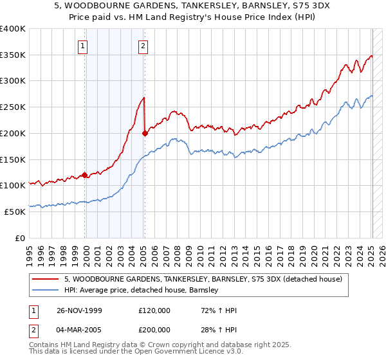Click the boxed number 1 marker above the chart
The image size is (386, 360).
84,46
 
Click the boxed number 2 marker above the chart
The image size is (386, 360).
142,46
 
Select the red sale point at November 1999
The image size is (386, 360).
85,174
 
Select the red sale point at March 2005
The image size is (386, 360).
145,133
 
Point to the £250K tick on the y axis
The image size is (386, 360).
13,107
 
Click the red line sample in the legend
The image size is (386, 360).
46,279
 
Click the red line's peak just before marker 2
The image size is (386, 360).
143,98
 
